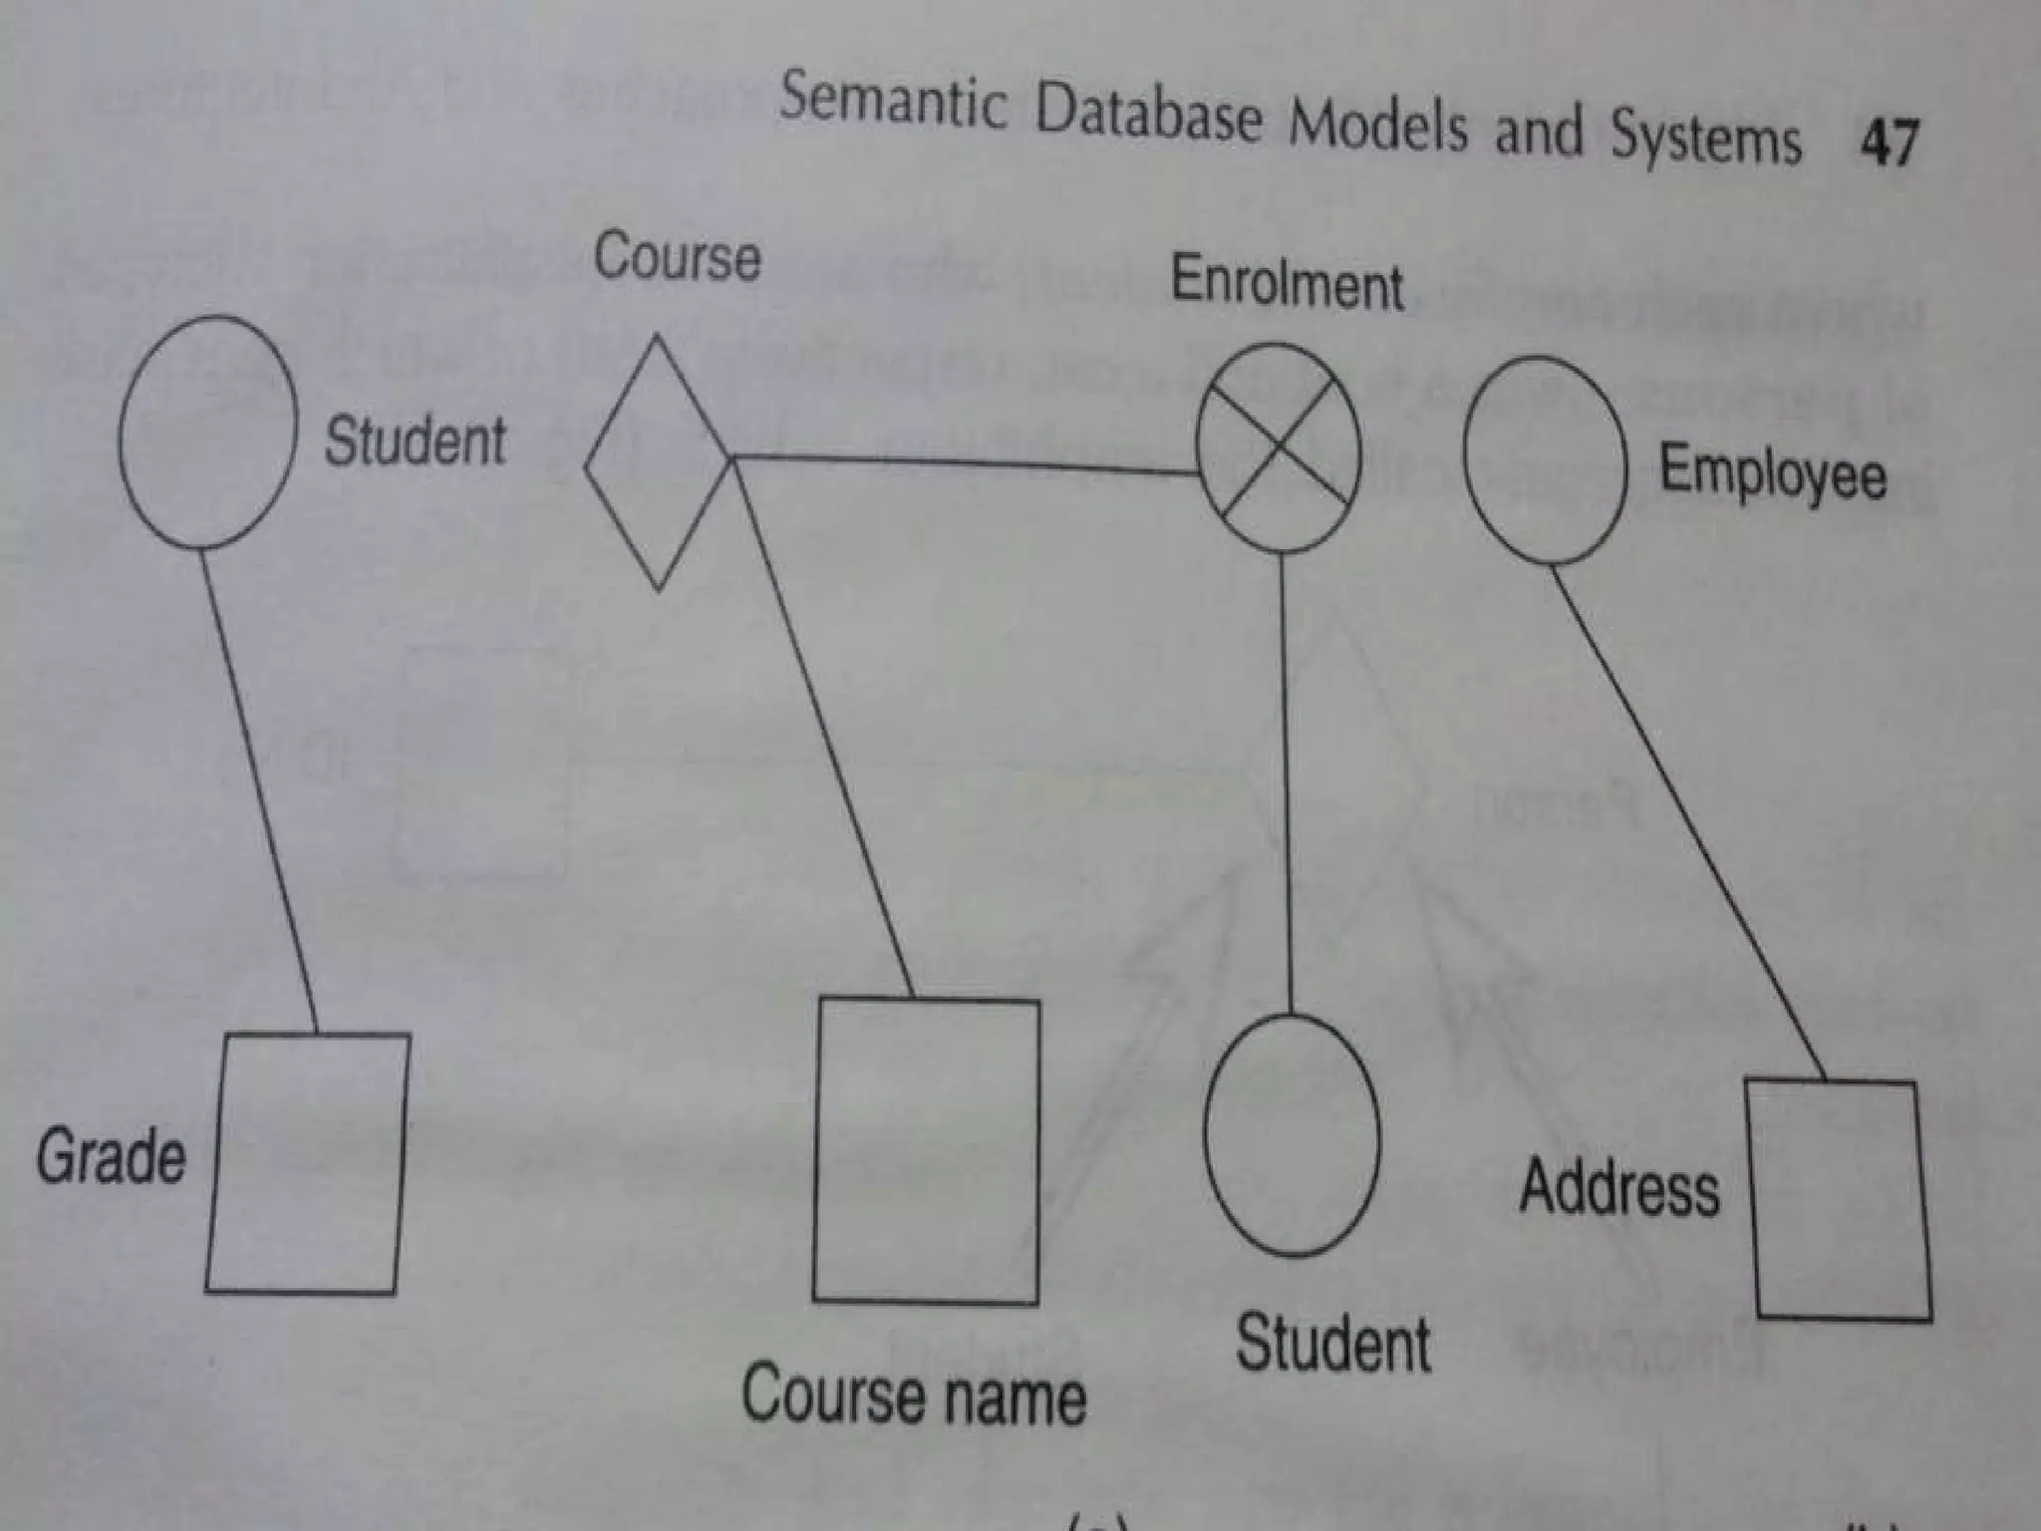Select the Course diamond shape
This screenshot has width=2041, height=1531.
[659, 463]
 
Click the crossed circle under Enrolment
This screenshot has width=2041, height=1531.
[1278, 448]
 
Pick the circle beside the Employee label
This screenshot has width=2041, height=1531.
[1545, 459]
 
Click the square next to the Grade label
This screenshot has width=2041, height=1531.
[308, 1163]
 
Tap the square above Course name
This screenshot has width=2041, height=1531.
[926, 1150]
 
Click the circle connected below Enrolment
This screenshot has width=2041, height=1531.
[1292, 1135]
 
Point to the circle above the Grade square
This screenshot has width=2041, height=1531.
[207, 432]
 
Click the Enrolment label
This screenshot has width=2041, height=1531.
[1287, 283]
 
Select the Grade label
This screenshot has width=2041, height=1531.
[111, 1157]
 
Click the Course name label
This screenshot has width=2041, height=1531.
[913, 1395]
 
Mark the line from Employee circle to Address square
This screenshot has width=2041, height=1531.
[1686, 819]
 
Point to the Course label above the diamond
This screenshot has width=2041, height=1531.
[677, 257]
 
